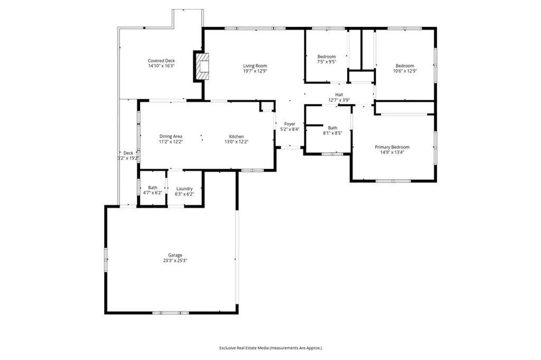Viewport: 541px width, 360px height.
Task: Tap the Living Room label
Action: click(x=255, y=66)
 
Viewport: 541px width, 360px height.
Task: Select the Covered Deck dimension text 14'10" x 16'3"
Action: click(x=161, y=66)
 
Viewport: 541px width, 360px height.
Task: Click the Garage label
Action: click(x=175, y=255)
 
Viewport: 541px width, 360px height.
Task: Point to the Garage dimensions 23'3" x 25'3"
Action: click(x=175, y=260)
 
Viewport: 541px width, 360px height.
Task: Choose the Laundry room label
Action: click(x=184, y=188)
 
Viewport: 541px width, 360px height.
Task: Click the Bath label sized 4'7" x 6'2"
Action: click(x=152, y=187)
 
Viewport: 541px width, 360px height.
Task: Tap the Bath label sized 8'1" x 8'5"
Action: click(x=332, y=128)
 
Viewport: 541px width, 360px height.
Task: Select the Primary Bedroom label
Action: click(x=392, y=147)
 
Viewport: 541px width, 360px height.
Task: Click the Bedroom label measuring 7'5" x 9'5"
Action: click(x=326, y=56)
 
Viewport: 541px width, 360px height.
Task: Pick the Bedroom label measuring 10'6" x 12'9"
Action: click(x=405, y=66)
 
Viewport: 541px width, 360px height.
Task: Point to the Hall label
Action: click(x=339, y=94)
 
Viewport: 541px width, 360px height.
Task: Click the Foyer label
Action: click(x=290, y=124)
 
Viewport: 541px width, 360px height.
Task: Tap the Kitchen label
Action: click(x=236, y=136)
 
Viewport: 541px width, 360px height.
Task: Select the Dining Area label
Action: click(x=171, y=136)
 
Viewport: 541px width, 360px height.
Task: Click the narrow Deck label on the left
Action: click(x=128, y=153)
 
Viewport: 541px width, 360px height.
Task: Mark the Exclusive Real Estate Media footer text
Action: click(x=270, y=348)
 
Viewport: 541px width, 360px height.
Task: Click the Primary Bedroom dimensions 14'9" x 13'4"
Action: click(x=392, y=153)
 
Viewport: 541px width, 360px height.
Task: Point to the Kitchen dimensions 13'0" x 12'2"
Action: click(x=236, y=141)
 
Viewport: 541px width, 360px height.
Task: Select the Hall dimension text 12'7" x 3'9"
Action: click(x=339, y=100)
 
